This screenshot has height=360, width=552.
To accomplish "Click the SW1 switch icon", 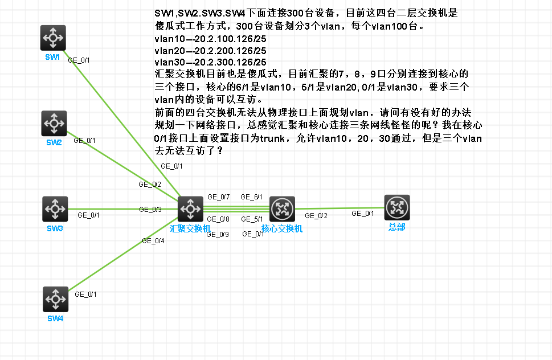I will (53, 38).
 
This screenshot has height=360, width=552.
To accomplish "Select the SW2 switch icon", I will (54, 123).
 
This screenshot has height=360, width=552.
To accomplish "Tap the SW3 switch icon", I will (55, 209).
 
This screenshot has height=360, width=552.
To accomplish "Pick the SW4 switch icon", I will (55, 299).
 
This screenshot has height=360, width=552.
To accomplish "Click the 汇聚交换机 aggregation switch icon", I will (190, 209).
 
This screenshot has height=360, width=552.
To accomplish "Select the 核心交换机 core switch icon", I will (282, 209).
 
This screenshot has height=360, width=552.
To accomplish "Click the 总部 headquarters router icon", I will (397, 207).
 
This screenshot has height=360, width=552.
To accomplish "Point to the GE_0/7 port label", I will (218, 197).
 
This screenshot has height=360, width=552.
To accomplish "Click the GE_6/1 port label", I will (251, 197).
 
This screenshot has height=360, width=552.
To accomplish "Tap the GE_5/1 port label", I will (252, 219).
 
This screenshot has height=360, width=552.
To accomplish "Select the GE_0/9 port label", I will (218, 234).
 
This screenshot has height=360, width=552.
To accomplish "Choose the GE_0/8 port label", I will (218, 219).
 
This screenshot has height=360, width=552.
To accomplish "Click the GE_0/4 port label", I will (153, 241).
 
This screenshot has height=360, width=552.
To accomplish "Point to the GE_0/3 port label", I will (150, 210).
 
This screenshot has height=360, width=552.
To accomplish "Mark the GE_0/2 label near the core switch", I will (316, 216).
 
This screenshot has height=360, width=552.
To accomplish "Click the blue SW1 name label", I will (52, 57).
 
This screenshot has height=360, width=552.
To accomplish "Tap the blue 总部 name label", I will (397, 227).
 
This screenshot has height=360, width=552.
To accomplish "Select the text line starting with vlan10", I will (210, 39).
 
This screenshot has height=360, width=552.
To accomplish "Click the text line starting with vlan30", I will (210, 62).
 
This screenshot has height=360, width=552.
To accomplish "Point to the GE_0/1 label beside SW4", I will (86, 294).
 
